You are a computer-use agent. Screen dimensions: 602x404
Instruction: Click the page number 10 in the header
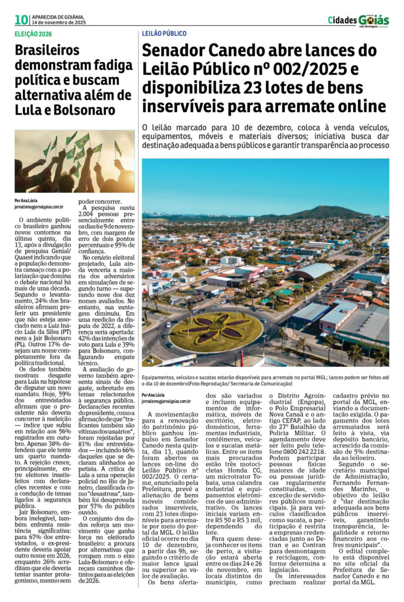click(x=22, y=20)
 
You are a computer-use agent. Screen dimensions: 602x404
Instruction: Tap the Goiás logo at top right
click(x=373, y=20)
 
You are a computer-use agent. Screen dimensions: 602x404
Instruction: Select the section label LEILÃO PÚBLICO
click(x=164, y=35)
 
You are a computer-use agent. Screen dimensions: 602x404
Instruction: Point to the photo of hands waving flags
click(x=75, y=161)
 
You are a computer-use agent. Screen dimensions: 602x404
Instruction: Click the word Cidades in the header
click(x=341, y=21)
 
